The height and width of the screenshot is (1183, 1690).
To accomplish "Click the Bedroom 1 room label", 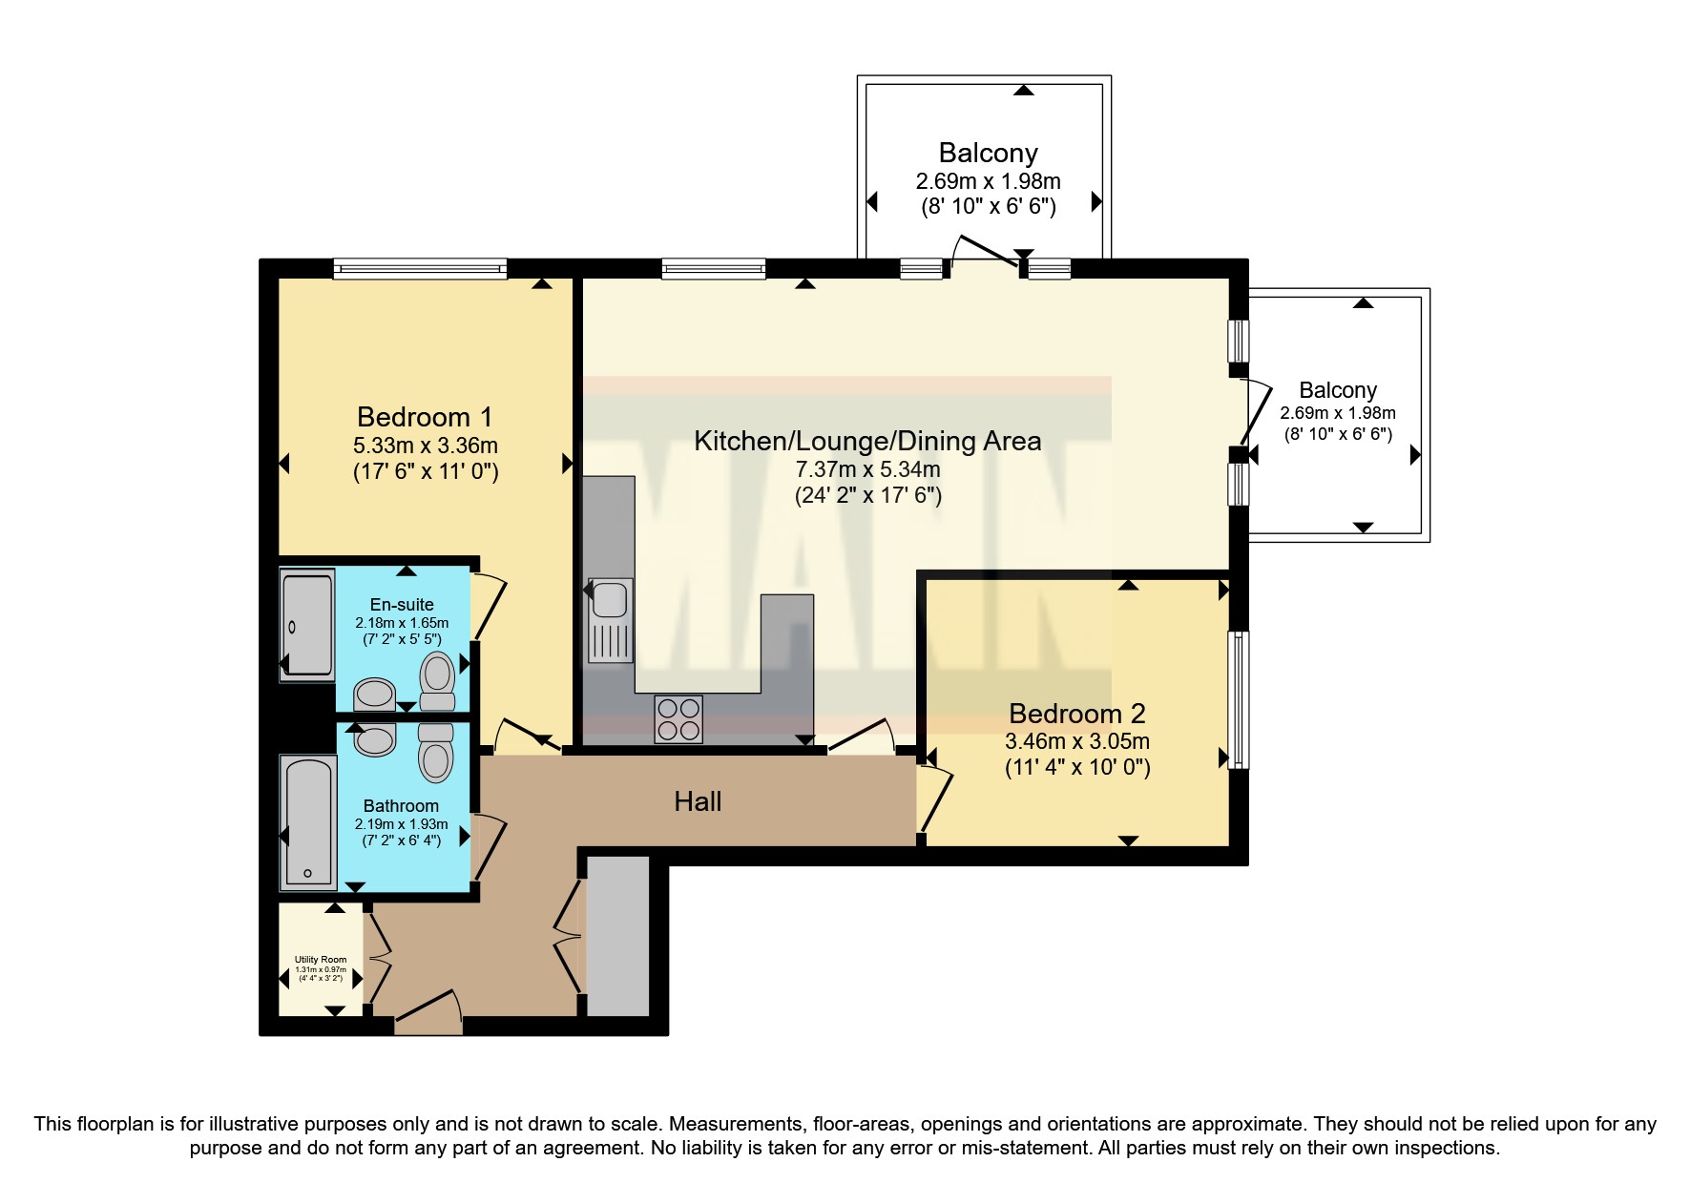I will point(425,417).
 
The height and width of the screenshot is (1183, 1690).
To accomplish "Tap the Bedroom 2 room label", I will point(1076,714).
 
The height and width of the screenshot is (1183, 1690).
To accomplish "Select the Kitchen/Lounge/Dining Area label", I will point(866,441).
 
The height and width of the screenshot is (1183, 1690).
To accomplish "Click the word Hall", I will point(698,801).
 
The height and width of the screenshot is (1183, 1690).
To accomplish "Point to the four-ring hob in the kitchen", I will point(678,719).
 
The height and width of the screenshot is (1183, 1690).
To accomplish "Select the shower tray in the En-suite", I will point(307,625).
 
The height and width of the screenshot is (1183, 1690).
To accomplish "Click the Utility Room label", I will point(321,960).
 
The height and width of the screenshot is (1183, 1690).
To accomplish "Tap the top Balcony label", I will point(988,153).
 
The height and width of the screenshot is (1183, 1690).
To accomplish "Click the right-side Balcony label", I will point(1338,390).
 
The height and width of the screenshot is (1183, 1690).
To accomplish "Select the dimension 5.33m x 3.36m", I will point(425,446).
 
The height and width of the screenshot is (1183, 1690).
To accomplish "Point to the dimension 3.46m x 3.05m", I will point(1076,741).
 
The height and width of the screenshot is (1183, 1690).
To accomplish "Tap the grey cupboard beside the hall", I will point(617,936).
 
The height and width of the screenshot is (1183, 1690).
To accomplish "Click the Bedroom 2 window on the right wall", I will point(1237,699).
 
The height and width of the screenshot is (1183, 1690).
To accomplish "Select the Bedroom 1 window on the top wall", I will point(420,270).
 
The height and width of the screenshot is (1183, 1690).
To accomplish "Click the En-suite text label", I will point(402,604).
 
